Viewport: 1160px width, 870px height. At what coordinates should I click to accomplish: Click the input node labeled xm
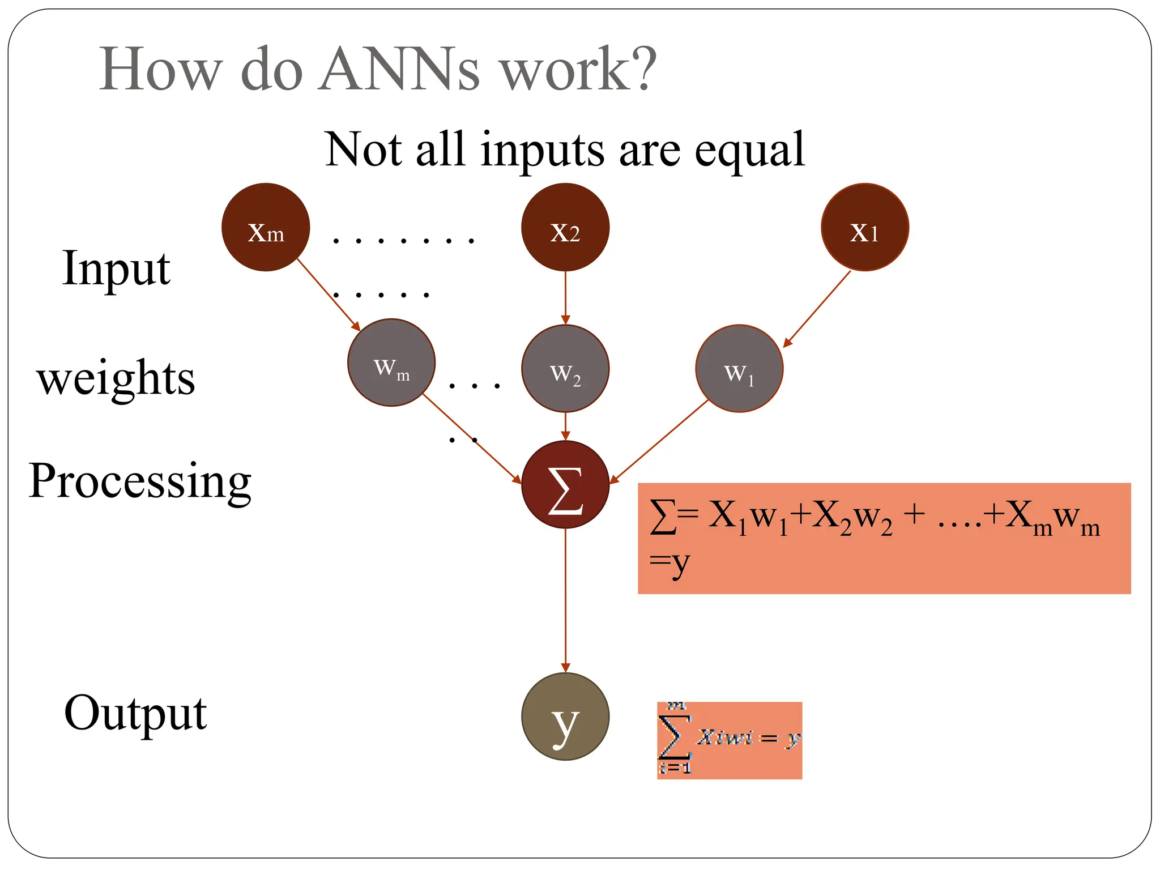pyautogui.click(x=266, y=227)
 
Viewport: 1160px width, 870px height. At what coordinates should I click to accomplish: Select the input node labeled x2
pyautogui.click(x=565, y=227)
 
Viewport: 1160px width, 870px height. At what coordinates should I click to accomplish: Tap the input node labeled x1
pyautogui.click(x=865, y=227)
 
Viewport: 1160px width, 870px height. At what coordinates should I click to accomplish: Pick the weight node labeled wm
pyautogui.click(x=391, y=363)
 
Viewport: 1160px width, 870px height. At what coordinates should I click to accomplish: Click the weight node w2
pyautogui.click(x=565, y=369)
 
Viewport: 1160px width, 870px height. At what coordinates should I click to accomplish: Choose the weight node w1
pyautogui.click(x=739, y=369)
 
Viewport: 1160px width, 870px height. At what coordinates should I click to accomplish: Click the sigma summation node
pyautogui.click(x=565, y=485)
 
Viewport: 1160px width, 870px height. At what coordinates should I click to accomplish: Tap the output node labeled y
pyautogui.click(x=565, y=717)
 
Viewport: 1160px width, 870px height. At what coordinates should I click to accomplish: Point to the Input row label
pyautogui.click(x=116, y=268)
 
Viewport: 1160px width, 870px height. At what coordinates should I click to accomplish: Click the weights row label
pyautogui.click(x=116, y=378)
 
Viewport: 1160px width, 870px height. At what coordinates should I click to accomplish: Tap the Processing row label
pyautogui.click(x=140, y=481)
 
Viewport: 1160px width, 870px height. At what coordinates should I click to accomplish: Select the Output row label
pyautogui.click(x=135, y=713)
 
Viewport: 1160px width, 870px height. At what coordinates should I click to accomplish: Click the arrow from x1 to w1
pyautogui.click(x=817, y=309)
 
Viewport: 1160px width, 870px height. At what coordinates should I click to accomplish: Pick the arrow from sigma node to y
pyautogui.click(x=565, y=600)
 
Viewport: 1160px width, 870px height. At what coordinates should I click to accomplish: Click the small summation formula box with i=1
pyautogui.click(x=729, y=740)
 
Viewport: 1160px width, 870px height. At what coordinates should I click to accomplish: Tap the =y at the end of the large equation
pyautogui.click(x=669, y=564)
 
